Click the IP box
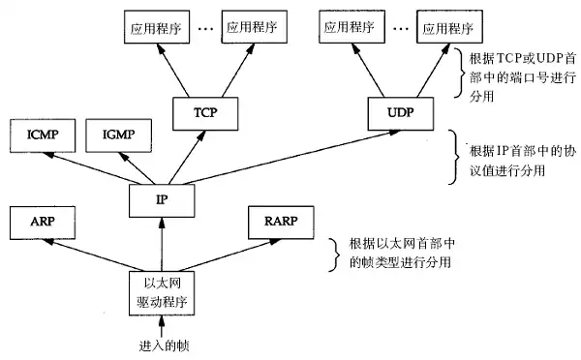[162, 199]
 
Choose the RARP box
[280, 222]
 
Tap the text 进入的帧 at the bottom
[161, 345]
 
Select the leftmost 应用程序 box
[154, 30]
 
